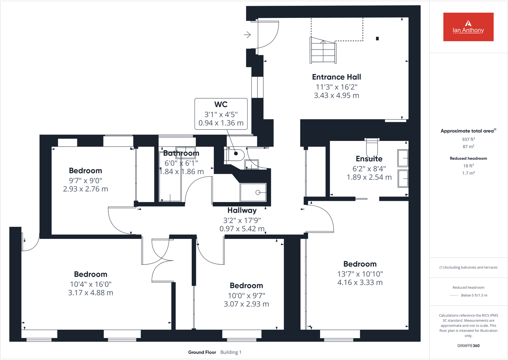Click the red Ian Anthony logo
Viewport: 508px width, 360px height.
tap(468, 27)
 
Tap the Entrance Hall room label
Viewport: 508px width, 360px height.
tap(336, 77)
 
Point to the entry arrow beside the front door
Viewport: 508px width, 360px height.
tap(247, 34)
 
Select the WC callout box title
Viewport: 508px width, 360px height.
tap(221, 104)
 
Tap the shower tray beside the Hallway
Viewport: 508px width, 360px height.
tap(253, 192)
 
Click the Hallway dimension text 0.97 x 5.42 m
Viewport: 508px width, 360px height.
tap(242, 229)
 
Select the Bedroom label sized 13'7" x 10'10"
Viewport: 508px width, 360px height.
tap(360, 264)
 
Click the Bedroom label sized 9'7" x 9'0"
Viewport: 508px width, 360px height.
tap(85, 171)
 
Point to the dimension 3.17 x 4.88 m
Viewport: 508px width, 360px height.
tap(90, 293)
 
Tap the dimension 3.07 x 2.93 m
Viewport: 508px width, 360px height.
tap(246, 304)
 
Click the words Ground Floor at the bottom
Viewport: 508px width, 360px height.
tap(202, 352)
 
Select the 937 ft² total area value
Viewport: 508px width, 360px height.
tap(468, 139)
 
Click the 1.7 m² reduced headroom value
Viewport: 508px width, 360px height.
tap(468, 173)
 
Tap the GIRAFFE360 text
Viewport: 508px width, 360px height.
tap(468, 346)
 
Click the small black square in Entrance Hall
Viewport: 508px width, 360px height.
tap(377, 39)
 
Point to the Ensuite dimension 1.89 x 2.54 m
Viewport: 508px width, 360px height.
tap(369, 177)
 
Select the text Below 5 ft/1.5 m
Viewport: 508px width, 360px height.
tap(474, 295)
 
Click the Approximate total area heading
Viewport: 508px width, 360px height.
tap(467, 131)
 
